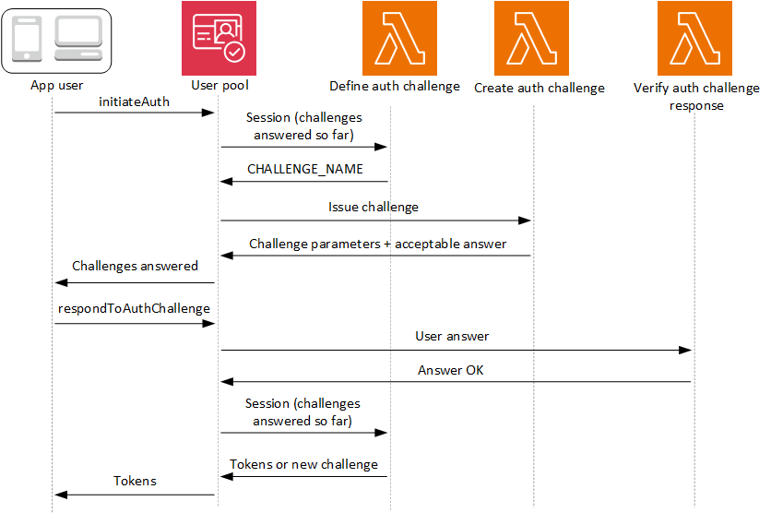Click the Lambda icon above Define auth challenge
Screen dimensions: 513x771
[x=394, y=38]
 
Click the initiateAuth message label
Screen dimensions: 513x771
[x=134, y=101]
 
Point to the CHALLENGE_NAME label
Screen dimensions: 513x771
[x=305, y=170]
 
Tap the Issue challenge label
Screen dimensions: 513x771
[x=374, y=208]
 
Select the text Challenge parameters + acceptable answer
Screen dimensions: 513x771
[x=377, y=245]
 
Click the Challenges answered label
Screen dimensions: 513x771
[x=135, y=266]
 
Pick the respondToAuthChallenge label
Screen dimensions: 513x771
[x=134, y=308]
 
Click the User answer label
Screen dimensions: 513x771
[x=452, y=337]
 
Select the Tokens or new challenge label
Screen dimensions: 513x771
[x=303, y=464]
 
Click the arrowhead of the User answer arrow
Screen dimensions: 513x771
[x=686, y=350]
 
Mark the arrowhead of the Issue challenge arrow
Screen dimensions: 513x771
[x=526, y=221]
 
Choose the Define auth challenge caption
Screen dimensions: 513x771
[x=394, y=87]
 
